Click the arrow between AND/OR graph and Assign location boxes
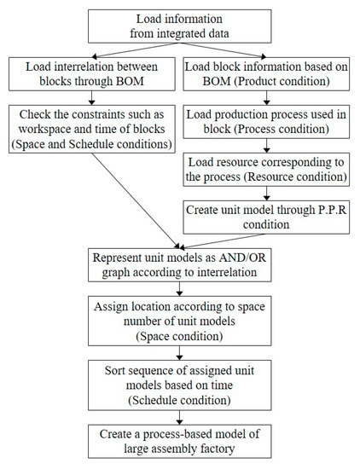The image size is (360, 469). pyautogui.click(x=179, y=288)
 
